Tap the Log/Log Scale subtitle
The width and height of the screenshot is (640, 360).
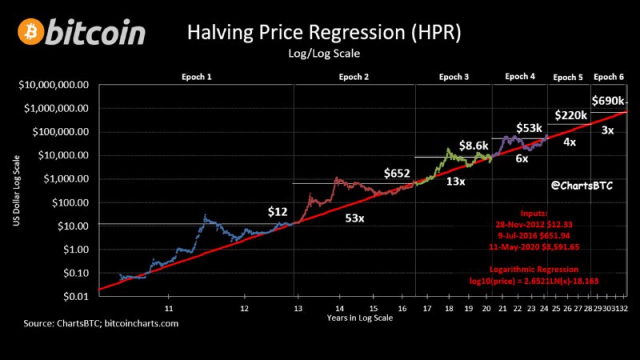324,54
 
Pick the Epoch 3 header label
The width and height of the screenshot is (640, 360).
454,77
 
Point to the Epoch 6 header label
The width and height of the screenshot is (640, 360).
610,77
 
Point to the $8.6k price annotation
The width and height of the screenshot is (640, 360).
473,146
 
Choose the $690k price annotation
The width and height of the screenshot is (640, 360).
608,101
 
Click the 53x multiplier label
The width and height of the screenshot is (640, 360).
355,218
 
